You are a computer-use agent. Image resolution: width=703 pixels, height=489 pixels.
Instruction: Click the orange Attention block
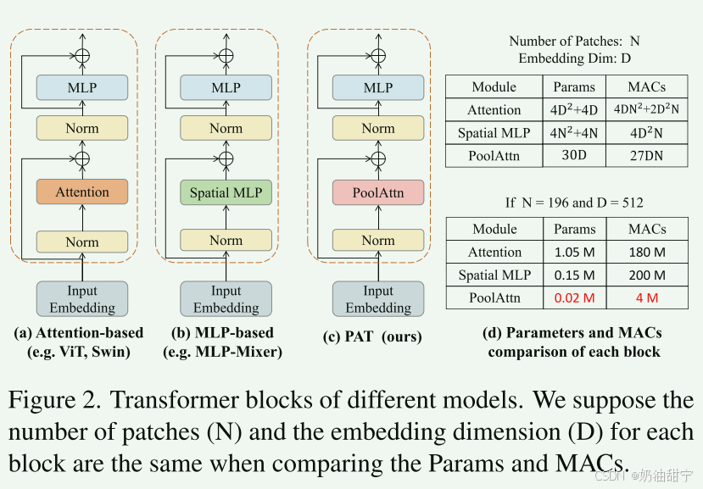(x=82, y=192)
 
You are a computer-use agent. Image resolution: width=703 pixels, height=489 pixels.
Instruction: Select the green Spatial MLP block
(x=226, y=192)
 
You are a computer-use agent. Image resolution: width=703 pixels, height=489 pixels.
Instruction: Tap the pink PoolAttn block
(x=378, y=192)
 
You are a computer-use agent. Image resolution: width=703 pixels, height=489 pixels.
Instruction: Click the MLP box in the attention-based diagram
(x=82, y=87)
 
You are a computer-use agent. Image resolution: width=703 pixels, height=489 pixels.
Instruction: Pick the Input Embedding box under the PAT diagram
(x=378, y=299)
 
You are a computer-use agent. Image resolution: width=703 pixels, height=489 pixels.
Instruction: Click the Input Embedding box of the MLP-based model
(x=226, y=299)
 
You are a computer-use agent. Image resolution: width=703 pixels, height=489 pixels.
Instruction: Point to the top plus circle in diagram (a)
(x=82, y=55)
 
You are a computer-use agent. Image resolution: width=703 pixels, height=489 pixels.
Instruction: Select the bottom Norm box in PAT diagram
(x=378, y=241)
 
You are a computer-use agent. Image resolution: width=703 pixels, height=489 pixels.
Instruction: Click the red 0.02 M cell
(x=574, y=297)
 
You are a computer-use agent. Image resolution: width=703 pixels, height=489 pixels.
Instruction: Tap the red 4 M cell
(x=647, y=297)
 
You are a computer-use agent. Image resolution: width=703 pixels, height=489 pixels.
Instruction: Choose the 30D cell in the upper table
(x=574, y=155)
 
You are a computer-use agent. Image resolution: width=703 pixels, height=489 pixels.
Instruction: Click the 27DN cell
(x=647, y=155)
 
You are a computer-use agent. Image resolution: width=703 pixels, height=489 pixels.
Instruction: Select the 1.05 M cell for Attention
(x=574, y=252)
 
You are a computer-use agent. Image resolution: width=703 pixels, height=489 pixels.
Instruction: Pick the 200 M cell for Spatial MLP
(x=647, y=275)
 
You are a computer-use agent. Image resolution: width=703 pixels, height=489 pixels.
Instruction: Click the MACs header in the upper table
(x=647, y=86)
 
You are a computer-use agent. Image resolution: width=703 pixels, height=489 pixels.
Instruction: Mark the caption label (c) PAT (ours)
(x=372, y=337)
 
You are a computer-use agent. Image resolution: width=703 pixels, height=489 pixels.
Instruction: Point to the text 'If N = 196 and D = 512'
(x=573, y=203)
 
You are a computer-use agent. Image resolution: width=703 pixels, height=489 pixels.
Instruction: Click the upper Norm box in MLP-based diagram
(x=226, y=129)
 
